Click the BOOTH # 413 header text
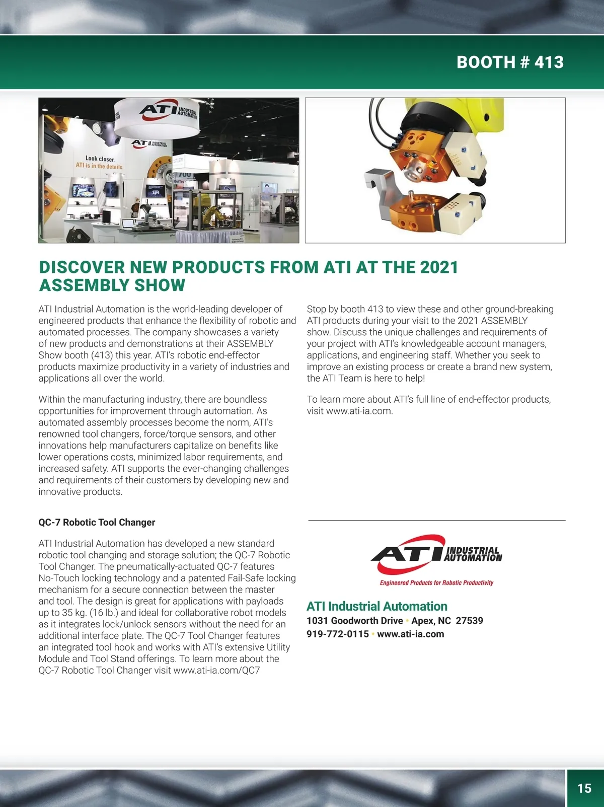click(509, 62)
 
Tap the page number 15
click(584, 788)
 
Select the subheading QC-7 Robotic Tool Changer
click(97, 522)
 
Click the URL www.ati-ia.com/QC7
click(216, 670)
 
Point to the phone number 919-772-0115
click(338, 634)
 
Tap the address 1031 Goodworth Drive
click(354, 620)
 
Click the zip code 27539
click(469, 620)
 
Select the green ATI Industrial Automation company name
click(376, 606)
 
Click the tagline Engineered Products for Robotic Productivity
click(436, 582)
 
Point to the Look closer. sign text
click(100, 159)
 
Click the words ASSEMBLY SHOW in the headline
click(112, 285)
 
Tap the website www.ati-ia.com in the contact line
click(410, 634)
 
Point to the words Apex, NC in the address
click(431, 620)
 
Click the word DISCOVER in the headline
click(82, 267)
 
